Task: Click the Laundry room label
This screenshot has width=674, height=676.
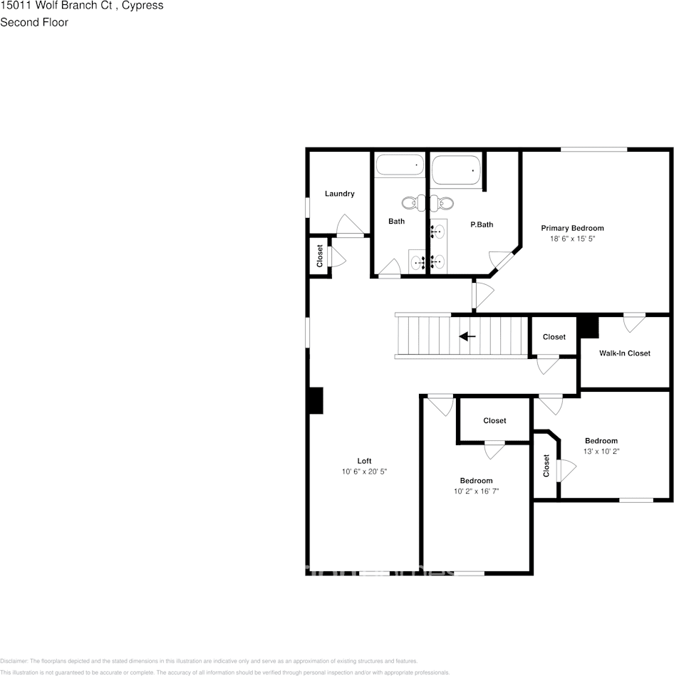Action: coord(339,194)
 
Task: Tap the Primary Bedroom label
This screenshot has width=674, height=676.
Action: coord(572,228)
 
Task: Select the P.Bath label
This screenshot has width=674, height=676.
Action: coord(482,225)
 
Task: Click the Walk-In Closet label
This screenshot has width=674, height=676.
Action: coord(624,353)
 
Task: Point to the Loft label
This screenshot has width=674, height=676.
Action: coord(364,461)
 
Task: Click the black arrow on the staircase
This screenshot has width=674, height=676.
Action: coord(467,336)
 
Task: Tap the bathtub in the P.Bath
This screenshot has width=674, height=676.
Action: coord(456,171)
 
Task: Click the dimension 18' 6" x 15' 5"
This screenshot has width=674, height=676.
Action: coord(572,239)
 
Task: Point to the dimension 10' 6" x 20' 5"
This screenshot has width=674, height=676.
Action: coord(364,472)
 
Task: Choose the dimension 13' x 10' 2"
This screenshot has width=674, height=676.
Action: coord(601,452)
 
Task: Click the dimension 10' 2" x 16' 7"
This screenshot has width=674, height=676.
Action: coord(475,492)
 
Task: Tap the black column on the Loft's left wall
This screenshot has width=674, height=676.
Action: coord(316,400)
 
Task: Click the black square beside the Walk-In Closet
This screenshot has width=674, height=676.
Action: coord(588,327)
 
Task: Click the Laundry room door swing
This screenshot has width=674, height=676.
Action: coord(349,224)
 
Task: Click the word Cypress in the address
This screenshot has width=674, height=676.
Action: coord(142,6)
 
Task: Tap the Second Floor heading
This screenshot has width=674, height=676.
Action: coord(34,22)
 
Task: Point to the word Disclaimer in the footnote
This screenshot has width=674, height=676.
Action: coord(14,661)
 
